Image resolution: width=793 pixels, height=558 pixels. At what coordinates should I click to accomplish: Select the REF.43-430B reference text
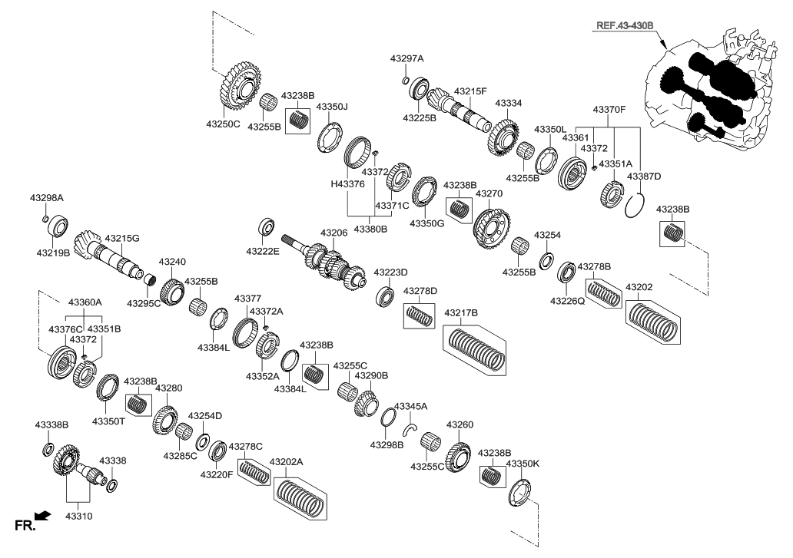click(x=623, y=25)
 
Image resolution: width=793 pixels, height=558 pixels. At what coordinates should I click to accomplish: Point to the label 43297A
click(x=406, y=58)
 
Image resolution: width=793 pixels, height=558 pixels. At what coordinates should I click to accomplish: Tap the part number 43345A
click(x=410, y=406)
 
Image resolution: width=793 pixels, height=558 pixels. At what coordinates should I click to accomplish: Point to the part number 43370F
click(x=609, y=111)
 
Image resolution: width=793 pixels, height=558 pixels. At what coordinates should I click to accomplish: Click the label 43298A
click(x=46, y=198)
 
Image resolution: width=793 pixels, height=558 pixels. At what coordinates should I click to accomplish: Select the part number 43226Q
click(x=567, y=302)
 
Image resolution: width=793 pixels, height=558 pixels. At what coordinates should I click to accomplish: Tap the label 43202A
click(x=286, y=462)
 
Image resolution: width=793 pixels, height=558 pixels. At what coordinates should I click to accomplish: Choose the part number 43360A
click(x=85, y=303)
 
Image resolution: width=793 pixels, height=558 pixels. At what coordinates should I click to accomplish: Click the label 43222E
click(x=263, y=251)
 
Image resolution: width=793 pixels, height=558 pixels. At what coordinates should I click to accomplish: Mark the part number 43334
click(x=508, y=103)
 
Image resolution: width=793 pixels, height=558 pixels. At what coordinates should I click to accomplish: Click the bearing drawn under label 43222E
click(x=268, y=228)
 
